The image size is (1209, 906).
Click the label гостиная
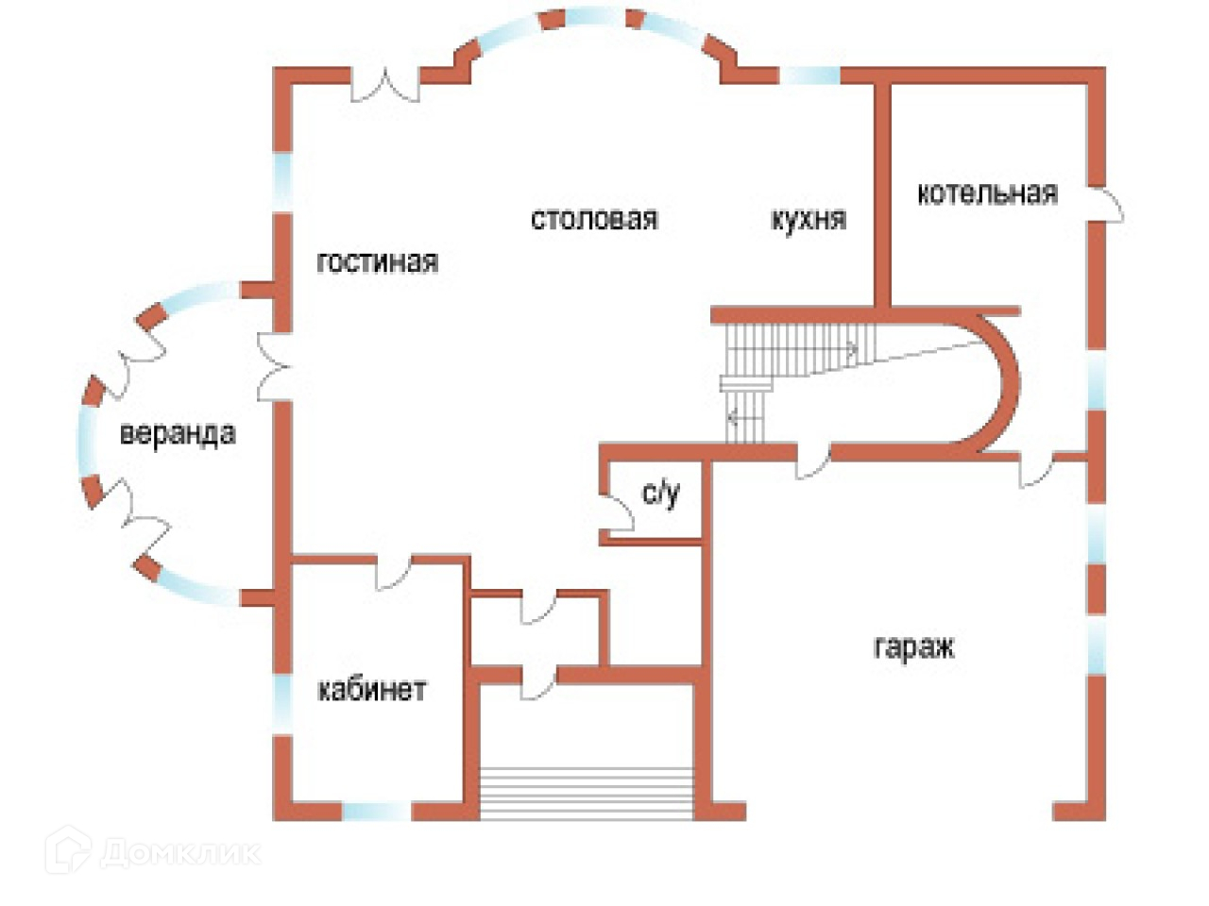377,261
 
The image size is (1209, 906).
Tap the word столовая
594,218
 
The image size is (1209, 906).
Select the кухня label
808,218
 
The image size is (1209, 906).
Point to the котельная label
987,193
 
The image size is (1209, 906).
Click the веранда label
178,433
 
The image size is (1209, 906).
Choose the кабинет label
372,689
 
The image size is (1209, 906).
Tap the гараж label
913,646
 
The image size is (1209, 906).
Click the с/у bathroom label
660,493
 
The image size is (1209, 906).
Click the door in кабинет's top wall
393,572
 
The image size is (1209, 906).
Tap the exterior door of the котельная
1105,205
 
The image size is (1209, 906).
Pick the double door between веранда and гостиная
274,366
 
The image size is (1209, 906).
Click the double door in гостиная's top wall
385,85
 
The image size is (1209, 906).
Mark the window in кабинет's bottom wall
377,812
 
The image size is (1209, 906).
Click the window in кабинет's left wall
282,704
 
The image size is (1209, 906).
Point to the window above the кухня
809,75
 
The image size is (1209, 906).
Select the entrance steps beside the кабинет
587,792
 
